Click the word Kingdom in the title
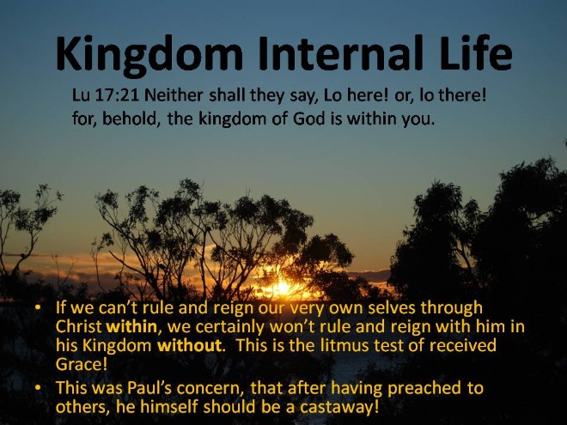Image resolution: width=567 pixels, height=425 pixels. [x=149, y=55]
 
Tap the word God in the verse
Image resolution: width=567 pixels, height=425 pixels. [x=309, y=118]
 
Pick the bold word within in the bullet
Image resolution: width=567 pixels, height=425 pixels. [x=131, y=327]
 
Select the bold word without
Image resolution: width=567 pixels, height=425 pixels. [x=189, y=345]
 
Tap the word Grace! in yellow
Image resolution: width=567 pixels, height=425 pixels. [x=82, y=364]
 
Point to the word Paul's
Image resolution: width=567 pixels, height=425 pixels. [x=149, y=388]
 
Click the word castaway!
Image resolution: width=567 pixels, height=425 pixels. [x=340, y=407]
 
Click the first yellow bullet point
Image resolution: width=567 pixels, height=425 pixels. [x=38, y=308]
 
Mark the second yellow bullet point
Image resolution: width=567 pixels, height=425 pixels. [x=38, y=388]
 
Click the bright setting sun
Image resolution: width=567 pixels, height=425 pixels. [x=281, y=288]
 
